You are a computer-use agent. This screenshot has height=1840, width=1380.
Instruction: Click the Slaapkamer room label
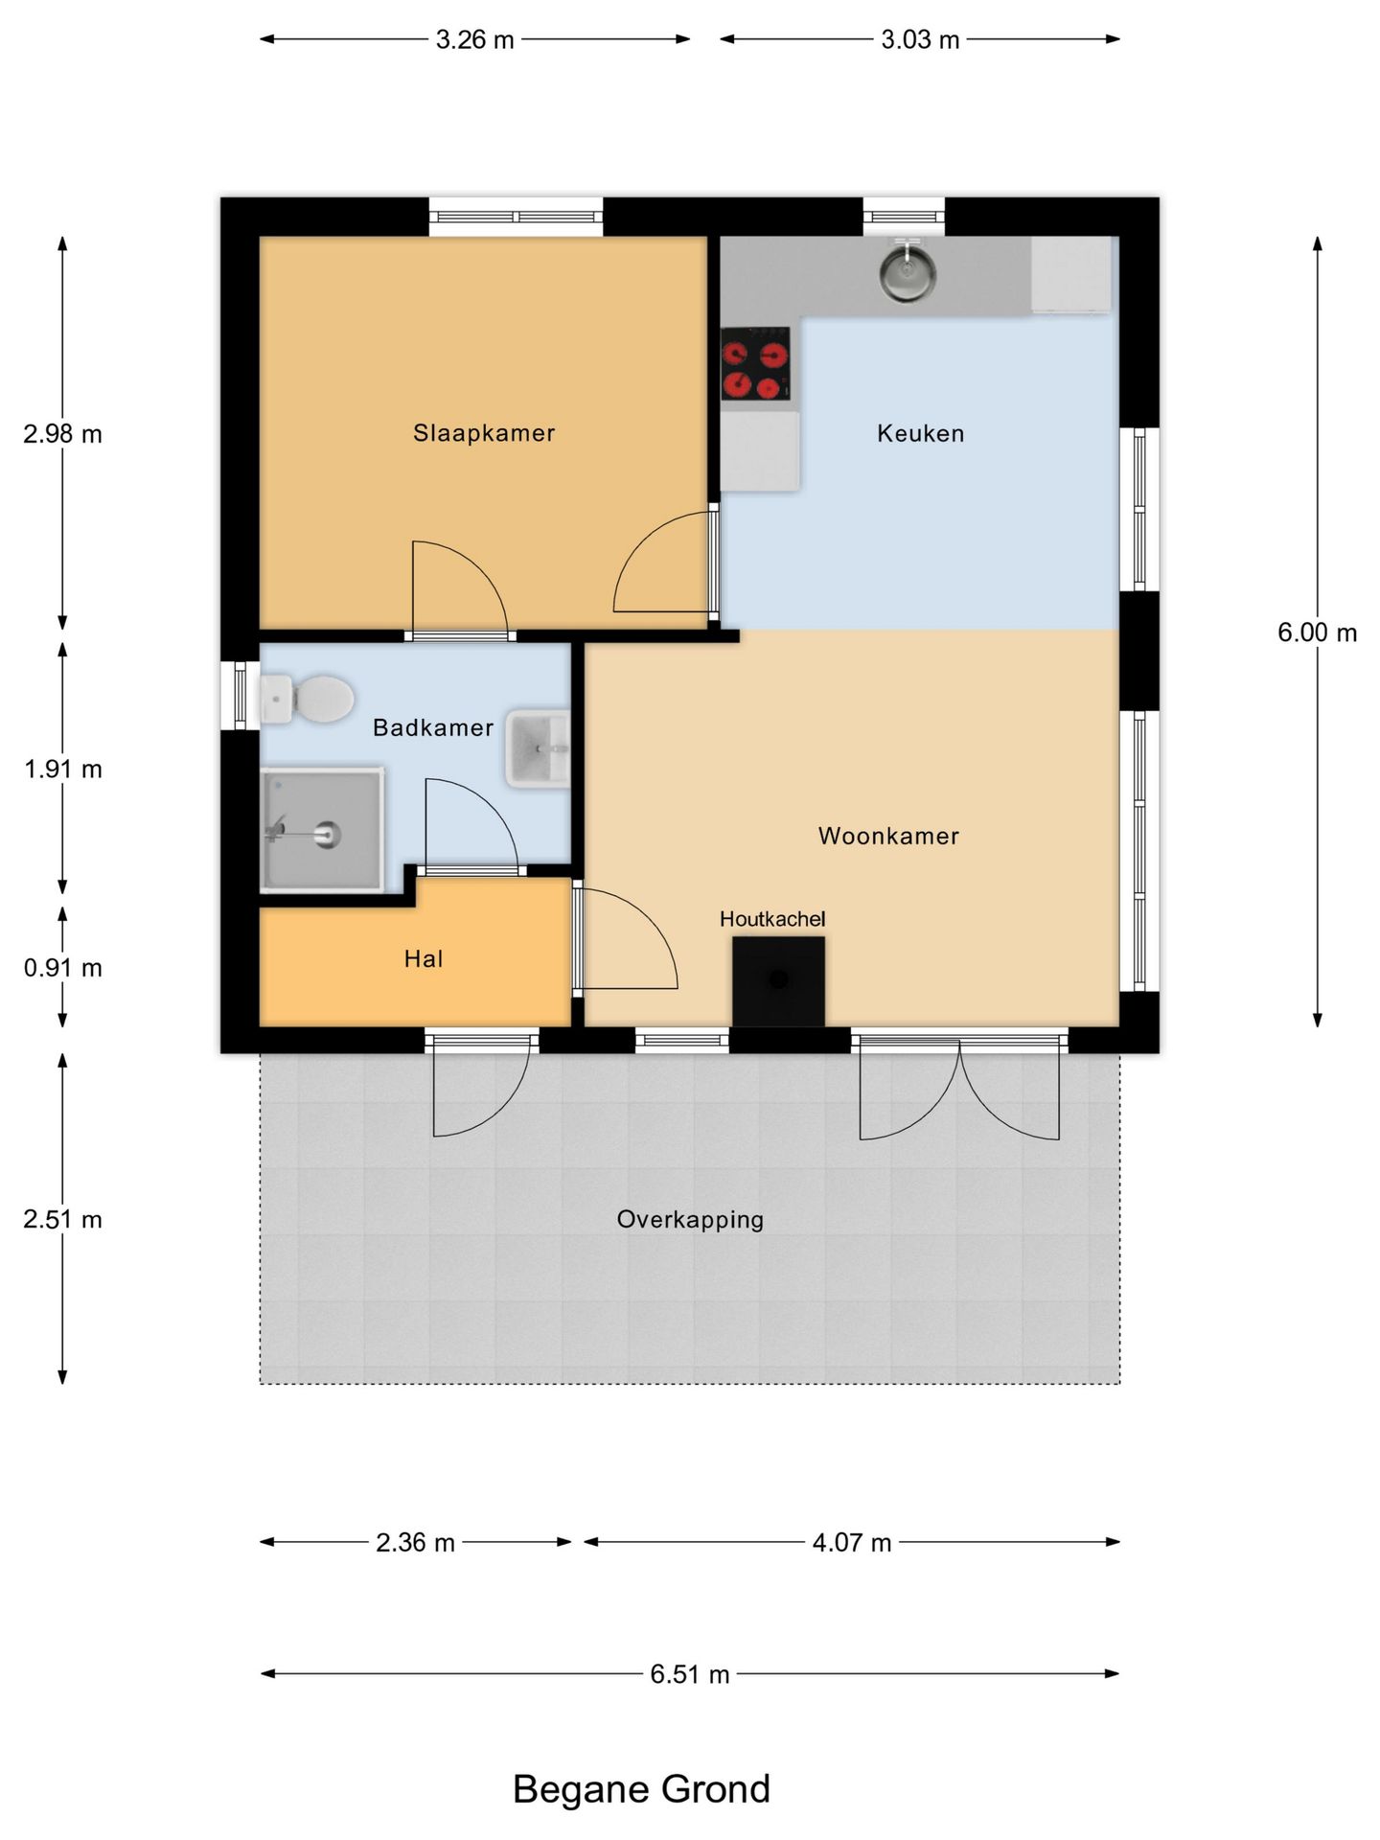(484, 433)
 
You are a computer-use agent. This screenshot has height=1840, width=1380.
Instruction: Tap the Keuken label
(920, 433)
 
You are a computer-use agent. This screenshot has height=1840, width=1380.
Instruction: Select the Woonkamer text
(888, 836)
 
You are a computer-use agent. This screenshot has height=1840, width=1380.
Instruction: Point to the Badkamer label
(433, 727)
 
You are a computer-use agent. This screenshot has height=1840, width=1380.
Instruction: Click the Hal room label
(424, 958)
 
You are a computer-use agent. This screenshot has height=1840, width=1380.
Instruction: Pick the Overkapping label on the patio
(690, 1220)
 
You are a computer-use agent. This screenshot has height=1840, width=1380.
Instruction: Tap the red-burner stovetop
(756, 362)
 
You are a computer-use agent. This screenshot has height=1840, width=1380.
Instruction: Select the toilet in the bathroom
(307, 699)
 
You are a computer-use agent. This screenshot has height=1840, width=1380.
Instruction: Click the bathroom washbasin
(538, 748)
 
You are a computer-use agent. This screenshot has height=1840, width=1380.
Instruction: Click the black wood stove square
(778, 981)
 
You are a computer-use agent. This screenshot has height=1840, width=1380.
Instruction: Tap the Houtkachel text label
(772, 919)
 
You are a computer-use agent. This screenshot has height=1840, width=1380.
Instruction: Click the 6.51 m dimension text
(690, 1674)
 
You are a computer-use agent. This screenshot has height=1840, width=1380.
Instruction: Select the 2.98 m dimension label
(63, 434)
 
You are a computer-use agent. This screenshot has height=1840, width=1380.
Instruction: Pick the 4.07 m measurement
(852, 1543)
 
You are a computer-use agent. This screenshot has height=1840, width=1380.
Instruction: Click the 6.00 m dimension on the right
(1318, 632)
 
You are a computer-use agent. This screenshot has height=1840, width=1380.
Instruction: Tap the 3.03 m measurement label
(920, 39)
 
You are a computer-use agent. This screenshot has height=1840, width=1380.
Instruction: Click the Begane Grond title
(641, 1789)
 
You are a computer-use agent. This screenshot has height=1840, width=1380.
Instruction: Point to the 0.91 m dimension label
(63, 968)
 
